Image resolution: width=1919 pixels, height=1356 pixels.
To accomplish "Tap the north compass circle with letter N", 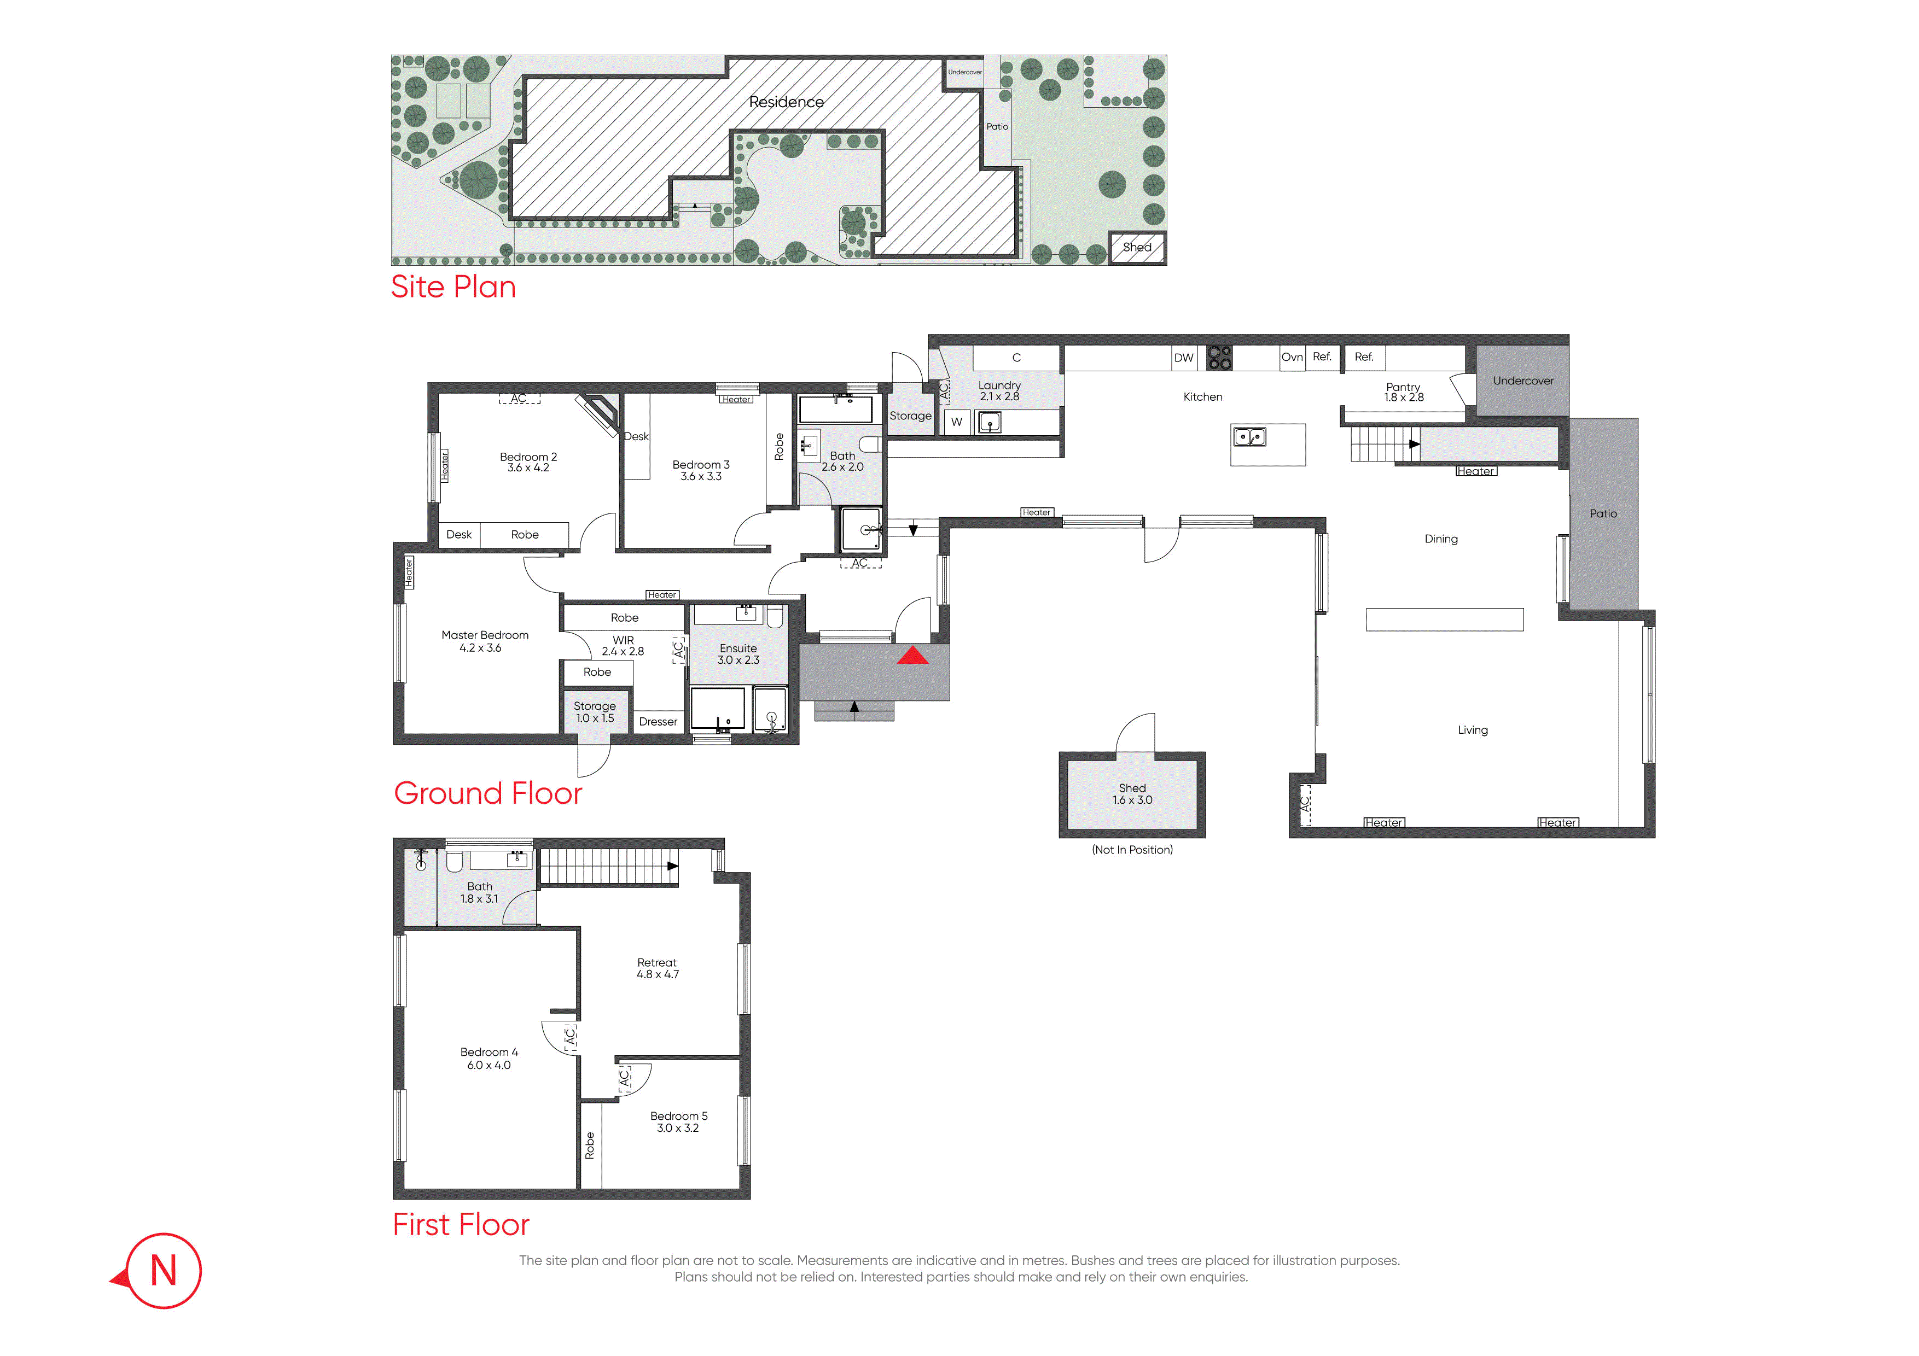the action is point(164,1270).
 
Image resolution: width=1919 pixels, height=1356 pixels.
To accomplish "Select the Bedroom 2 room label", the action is point(528,462).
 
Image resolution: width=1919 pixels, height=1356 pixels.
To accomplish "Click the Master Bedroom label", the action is point(485,641).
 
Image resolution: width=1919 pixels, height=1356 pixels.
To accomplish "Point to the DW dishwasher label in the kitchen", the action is point(1183,358).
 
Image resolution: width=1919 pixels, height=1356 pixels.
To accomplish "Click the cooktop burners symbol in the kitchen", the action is point(1219,358).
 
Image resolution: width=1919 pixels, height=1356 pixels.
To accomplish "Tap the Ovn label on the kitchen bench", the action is point(1292,356).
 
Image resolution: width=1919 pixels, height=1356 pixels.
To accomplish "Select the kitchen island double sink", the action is point(1249,436).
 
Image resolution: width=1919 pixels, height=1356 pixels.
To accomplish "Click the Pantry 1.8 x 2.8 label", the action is point(1403,392).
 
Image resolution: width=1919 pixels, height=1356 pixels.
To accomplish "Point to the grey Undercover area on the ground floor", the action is point(1523,381).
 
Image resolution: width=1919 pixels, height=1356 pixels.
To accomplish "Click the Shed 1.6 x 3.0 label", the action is point(1132,794).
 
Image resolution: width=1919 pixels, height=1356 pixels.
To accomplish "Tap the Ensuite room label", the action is point(738,654).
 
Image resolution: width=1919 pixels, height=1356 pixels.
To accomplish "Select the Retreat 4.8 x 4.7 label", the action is point(658,968).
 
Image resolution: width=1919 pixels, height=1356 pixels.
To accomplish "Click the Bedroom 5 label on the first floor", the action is point(679,1122).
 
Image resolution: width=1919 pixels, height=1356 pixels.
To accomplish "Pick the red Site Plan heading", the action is point(453,287).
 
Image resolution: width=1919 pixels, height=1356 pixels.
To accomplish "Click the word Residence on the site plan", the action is point(786,102).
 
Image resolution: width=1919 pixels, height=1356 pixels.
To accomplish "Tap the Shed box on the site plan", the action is point(1137,247).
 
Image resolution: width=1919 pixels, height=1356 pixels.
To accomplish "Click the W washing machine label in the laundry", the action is point(956,422).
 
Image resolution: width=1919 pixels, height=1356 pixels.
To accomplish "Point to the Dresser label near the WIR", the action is point(658,722).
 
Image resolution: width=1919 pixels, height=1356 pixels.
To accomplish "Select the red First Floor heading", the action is point(461,1225).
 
